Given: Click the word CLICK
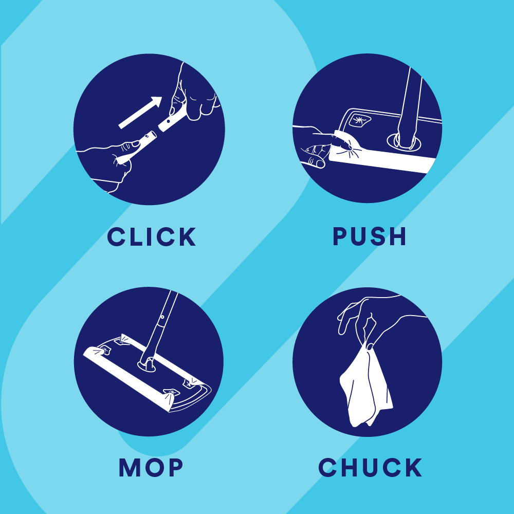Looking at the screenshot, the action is click(152, 236).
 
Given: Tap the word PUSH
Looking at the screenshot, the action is click(370, 236).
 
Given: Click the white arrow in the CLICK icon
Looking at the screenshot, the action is click(140, 113).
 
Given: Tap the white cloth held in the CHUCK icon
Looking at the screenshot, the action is click(366, 387).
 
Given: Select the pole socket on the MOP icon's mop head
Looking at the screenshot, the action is click(147, 365).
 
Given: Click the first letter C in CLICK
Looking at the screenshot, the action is click(117, 236).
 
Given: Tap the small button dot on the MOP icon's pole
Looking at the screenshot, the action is click(162, 317).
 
